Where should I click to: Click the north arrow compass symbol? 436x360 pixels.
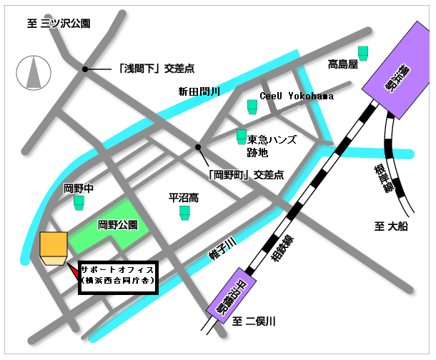32,73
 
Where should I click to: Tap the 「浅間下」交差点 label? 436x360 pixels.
156,69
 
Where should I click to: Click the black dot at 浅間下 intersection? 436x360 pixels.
86,69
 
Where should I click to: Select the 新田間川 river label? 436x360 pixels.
200,91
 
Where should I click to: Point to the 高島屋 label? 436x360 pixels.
342,64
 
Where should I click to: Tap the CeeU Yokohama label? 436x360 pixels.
296,96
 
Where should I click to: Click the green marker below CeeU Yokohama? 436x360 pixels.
252,106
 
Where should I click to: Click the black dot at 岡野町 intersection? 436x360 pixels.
198,147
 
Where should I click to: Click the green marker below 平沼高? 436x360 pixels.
184,213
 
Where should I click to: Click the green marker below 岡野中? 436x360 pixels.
79,204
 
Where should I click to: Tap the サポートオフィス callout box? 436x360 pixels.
117,276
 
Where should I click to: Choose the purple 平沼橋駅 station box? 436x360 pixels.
232,294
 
